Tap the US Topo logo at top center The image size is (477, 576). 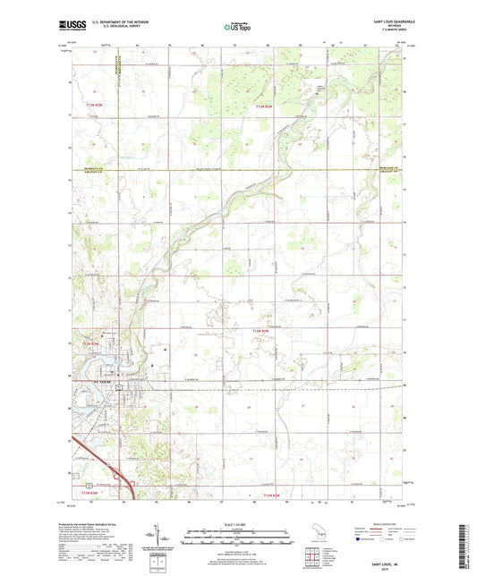coord(237,29)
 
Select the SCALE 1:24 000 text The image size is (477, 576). coord(238,523)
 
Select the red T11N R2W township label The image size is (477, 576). coord(271,495)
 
